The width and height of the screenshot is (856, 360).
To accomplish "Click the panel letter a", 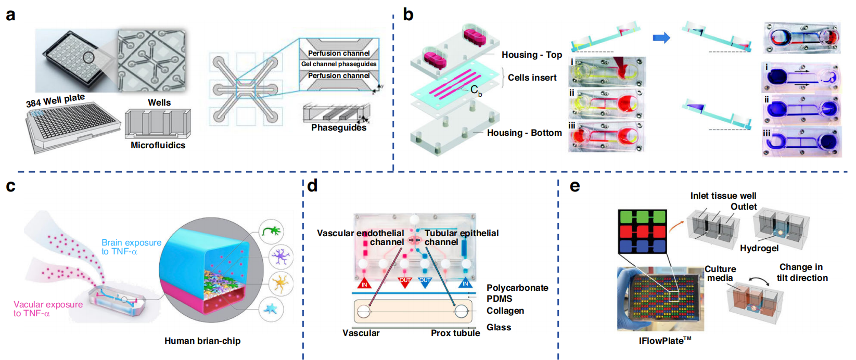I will (x=10, y=15).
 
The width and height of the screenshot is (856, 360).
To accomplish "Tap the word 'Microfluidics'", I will (x=158, y=145).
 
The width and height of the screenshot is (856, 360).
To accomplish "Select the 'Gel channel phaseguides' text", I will (x=339, y=64).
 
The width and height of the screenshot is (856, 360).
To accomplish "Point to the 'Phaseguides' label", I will (x=339, y=128).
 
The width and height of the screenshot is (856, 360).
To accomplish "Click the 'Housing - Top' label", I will (x=531, y=55).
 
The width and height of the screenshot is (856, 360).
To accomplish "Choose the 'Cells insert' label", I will (x=532, y=78).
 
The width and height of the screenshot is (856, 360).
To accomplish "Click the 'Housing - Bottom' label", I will (x=524, y=133).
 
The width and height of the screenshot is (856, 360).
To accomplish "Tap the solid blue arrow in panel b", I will (x=661, y=37).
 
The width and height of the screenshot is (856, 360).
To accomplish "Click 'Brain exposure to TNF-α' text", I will (x=131, y=247).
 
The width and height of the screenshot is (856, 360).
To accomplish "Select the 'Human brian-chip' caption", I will (x=202, y=341).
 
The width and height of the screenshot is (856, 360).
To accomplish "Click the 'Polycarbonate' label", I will (x=517, y=288).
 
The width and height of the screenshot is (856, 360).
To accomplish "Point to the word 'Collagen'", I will (x=505, y=311).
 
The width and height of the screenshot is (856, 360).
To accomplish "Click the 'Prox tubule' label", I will (x=455, y=333).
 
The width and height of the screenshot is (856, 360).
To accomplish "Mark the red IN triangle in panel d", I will (x=364, y=283).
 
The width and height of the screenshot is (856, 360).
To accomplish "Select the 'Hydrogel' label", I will (x=759, y=248).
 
